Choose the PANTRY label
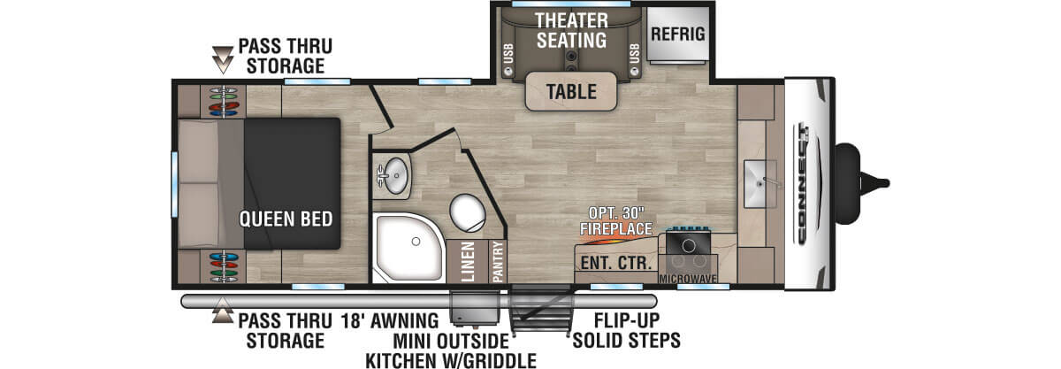(498, 262)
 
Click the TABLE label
(570, 91)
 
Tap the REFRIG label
(677, 34)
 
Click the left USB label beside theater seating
(509, 56)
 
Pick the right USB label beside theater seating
(634, 56)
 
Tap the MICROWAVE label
(687, 278)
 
